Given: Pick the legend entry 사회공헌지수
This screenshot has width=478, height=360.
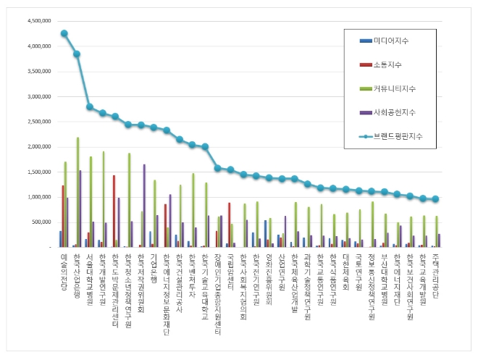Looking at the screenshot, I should [394, 112].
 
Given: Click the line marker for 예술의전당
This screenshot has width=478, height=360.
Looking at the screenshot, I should [64, 33].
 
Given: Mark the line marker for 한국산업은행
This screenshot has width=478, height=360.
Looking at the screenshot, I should [77, 54].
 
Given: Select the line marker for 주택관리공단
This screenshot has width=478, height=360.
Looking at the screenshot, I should [435, 199].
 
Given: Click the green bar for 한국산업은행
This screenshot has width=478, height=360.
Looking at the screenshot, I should [77, 192].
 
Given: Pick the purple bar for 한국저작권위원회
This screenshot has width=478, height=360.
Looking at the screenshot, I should [144, 206].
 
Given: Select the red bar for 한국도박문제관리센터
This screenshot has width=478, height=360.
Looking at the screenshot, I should [114, 211].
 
